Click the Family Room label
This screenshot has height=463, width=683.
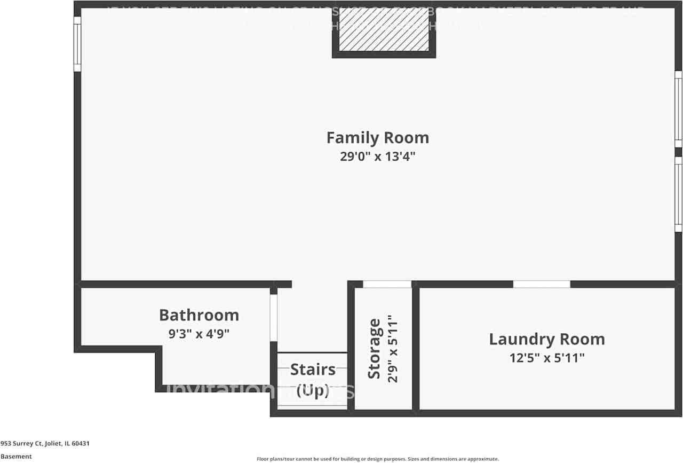coord(377,138)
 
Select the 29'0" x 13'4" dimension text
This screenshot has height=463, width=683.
coord(377,157)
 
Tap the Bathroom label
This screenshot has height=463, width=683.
coord(199,315)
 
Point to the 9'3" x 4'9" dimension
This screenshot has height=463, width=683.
coord(199,334)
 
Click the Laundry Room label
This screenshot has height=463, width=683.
coord(547,339)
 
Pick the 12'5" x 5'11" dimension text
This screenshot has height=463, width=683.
coord(547,358)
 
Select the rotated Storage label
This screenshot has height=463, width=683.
coord(375,349)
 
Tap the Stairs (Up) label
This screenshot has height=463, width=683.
coord(313,380)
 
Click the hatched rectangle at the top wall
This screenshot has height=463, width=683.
coord(384,30)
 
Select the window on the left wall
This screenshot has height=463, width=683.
coord(77,44)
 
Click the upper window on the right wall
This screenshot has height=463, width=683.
coord(678,109)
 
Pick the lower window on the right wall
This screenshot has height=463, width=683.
coord(678,194)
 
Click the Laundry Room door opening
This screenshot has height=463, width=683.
coord(542,284)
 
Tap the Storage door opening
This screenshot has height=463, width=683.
coord(387,284)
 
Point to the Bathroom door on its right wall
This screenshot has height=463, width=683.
coord(273,318)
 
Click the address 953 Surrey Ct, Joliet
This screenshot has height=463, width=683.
coord(45,443)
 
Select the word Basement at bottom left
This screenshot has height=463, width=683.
coord(16,457)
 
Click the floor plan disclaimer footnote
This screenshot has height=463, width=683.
coord(378,459)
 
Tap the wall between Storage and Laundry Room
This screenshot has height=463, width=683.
coord(416,350)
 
